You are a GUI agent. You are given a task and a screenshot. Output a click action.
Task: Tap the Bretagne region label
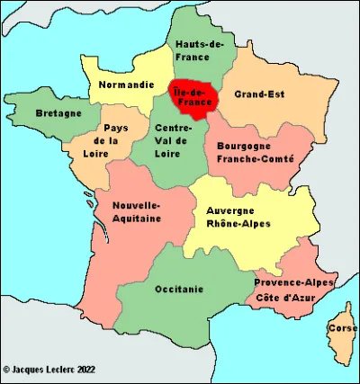pyautogui.click(x=58, y=113)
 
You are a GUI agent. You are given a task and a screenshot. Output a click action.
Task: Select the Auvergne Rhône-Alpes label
pyautogui.click(x=238, y=217)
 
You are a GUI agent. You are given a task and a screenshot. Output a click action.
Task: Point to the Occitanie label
pyautogui.click(x=179, y=289)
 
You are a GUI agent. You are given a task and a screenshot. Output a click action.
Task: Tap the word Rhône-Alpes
pyautogui.click(x=238, y=223)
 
